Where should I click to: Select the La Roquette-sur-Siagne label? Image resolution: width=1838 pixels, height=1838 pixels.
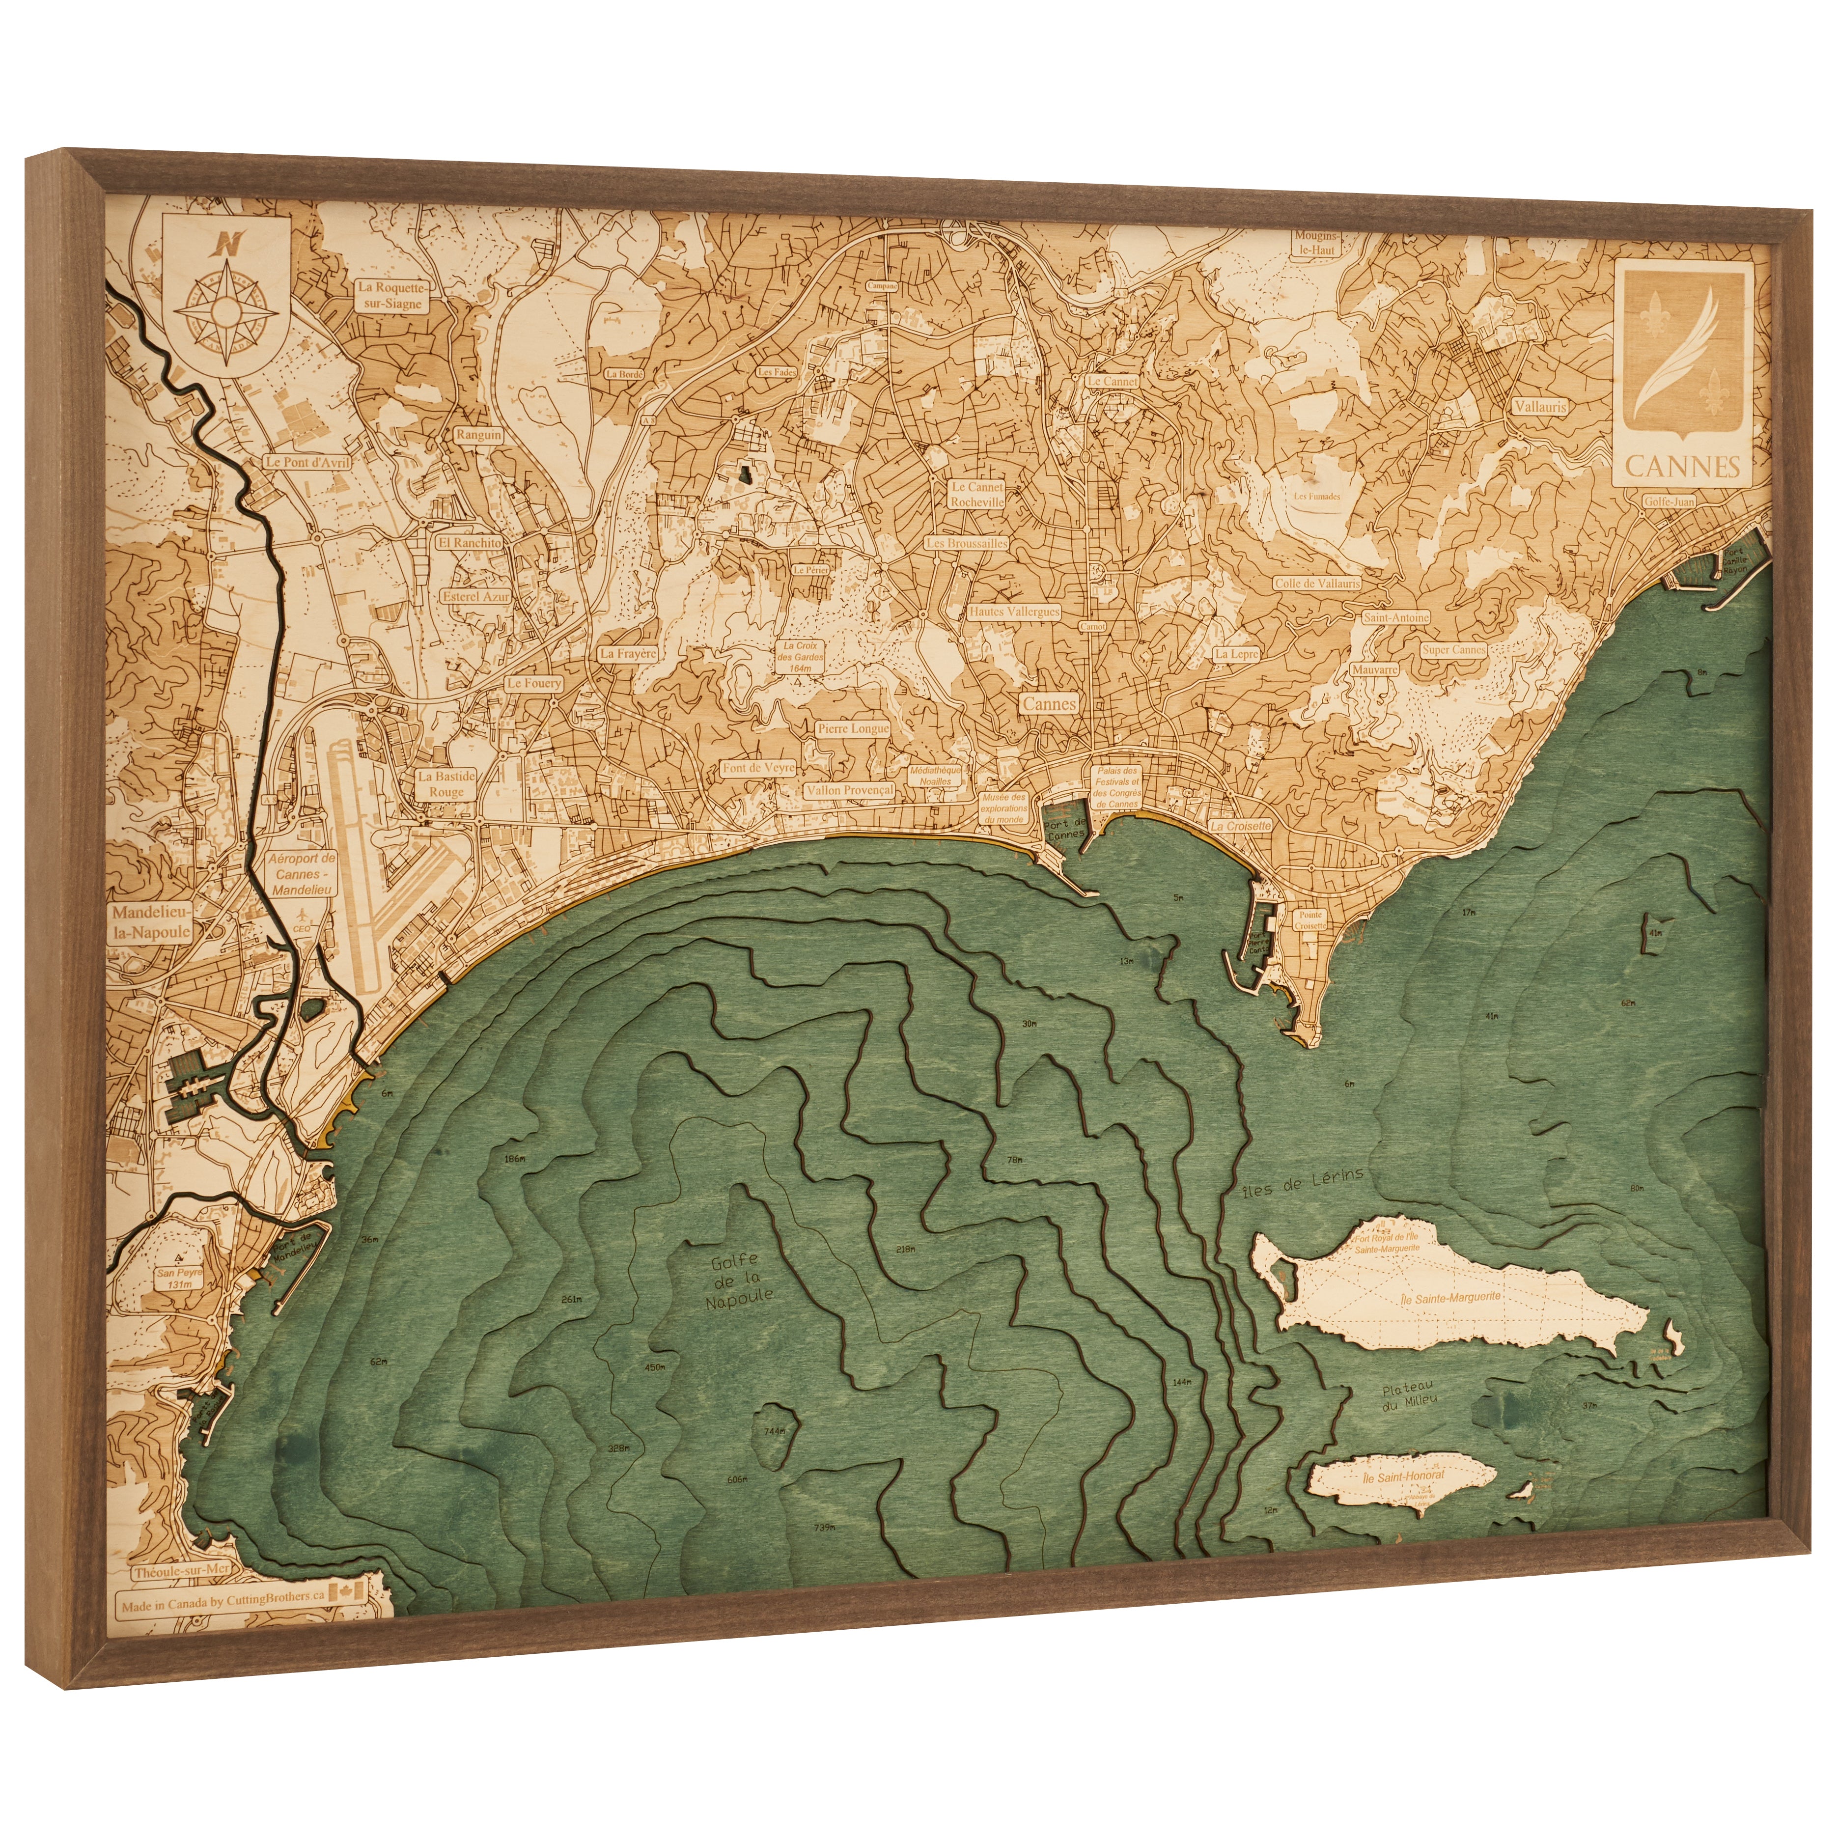click(392, 295)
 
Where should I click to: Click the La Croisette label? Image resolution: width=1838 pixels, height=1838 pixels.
click(1241, 826)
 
